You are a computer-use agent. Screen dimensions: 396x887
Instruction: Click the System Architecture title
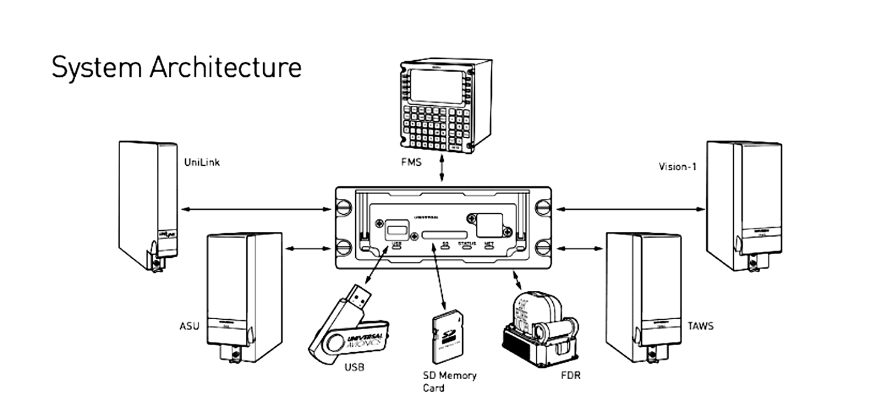pyautogui.click(x=176, y=67)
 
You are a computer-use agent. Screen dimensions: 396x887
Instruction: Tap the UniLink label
pyautogui.click(x=201, y=162)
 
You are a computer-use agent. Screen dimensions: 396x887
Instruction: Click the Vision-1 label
pyautogui.click(x=677, y=166)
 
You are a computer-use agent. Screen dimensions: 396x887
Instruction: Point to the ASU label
pyautogui.click(x=189, y=326)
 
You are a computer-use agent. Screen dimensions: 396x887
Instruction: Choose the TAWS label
pyautogui.click(x=701, y=326)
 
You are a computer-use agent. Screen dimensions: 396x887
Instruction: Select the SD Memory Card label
pyautogui.click(x=450, y=381)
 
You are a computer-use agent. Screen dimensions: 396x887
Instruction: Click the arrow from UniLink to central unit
pyautogui.click(x=256, y=209)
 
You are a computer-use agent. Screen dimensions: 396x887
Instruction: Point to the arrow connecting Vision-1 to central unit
pyautogui.click(x=630, y=209)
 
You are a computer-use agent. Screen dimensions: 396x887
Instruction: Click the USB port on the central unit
pyautogui.click(x=396, y=229)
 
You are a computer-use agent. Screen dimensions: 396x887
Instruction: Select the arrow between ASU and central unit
pyautogui.click(x=307, y=248)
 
